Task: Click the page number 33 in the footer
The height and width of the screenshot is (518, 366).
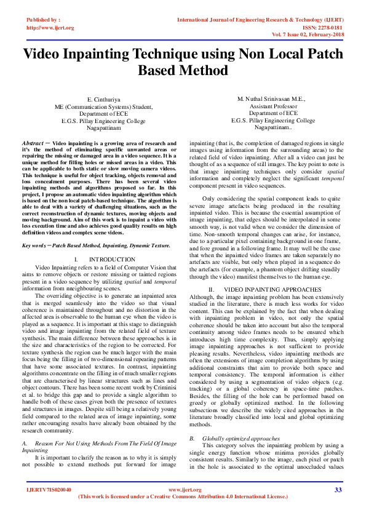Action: point(338,490)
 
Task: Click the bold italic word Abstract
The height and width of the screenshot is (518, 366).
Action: point(33,142)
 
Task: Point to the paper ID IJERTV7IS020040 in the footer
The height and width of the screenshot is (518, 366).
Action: point(49,490)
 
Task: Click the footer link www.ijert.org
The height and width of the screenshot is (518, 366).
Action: point(183,490)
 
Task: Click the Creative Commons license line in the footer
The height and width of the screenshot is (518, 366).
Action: point(183,496)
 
